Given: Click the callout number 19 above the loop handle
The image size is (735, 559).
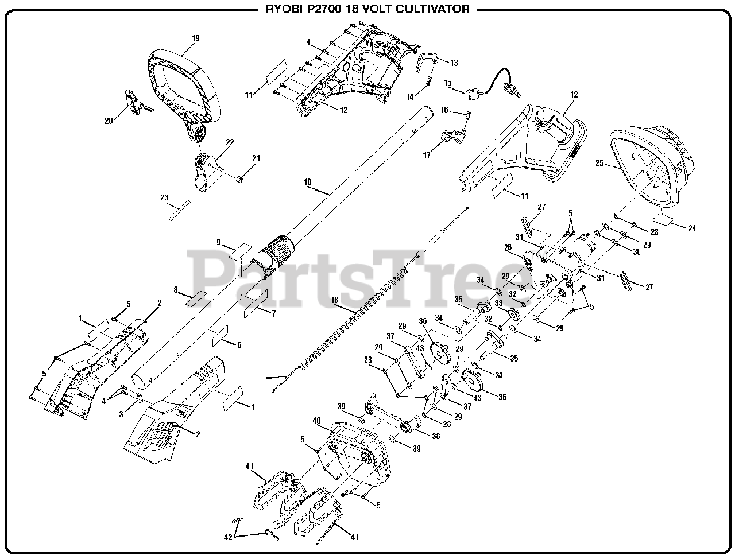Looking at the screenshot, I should pyautogui.click(x=196, y=38).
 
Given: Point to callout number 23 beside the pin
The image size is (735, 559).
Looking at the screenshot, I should pyautogui.click(x=164, y=198).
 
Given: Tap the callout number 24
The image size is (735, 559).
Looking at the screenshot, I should pyautogui.click(x=691, y=228).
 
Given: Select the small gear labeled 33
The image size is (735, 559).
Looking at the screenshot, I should pyautogui.click(x=513, y=315).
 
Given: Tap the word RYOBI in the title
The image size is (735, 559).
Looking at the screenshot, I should pyautogui.click(x=281, y=9).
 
